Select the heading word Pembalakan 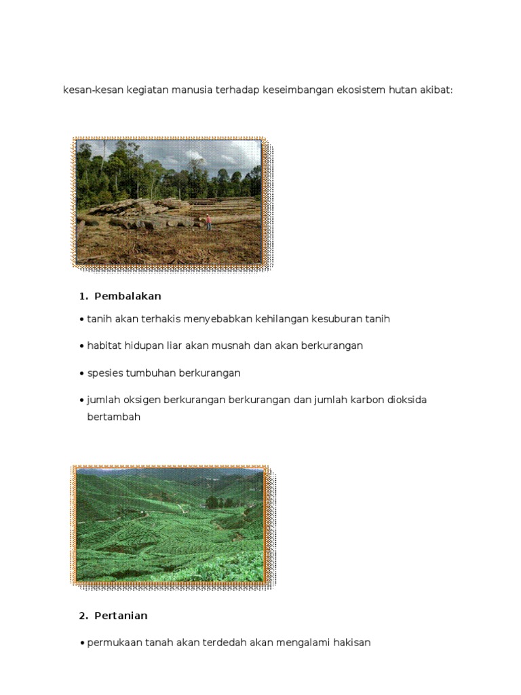click(x=128, y=296)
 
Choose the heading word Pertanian click(x=121, y=616)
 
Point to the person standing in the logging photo click(x=208, y=221)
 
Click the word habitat click(x=104, y=345)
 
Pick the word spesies click(x=105, y=373)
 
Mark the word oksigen click(x=143, y=400)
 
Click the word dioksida click(x=406, y=400)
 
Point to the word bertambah click(x=113, y=417)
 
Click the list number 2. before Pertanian click(x=83, y=616)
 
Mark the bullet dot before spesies click(x=81, y=373)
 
